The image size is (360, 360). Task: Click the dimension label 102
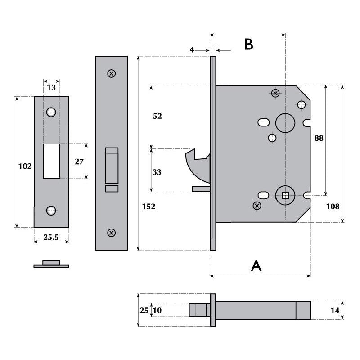(25, 166)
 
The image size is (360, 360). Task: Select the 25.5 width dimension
(51, 238)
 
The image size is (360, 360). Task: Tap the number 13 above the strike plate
(51, 87)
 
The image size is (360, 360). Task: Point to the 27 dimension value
(79, 162)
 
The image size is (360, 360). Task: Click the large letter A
(256, 266)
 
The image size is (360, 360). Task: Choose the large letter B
(248, 45)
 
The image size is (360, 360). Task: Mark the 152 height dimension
(148, 207)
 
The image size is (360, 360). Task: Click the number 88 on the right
(319, 138)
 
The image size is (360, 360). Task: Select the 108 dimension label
(333, 207)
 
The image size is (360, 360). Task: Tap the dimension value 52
(157, 116)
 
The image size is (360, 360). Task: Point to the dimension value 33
(157, 172)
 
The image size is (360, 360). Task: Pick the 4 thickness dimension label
(192, 49)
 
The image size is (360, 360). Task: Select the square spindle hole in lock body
(285, 195)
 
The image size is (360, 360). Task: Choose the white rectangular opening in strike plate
(51, 161)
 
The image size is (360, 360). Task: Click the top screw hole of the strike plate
(51, 112)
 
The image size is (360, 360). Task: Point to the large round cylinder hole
(285, 123)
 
